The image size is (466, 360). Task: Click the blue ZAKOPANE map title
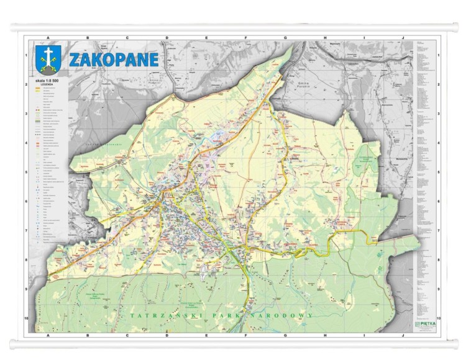click(x=113, y=60)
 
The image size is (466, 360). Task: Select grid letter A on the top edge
click(x=48, y=38)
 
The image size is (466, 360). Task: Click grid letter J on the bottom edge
click(x=403, y=333)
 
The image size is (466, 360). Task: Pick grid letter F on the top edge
click(x=245, y=38)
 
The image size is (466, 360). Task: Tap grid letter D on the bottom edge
click(x=167, y=333)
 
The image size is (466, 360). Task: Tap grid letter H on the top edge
click(x=324, y=38)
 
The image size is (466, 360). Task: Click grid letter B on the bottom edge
click(x=88, y=333)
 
